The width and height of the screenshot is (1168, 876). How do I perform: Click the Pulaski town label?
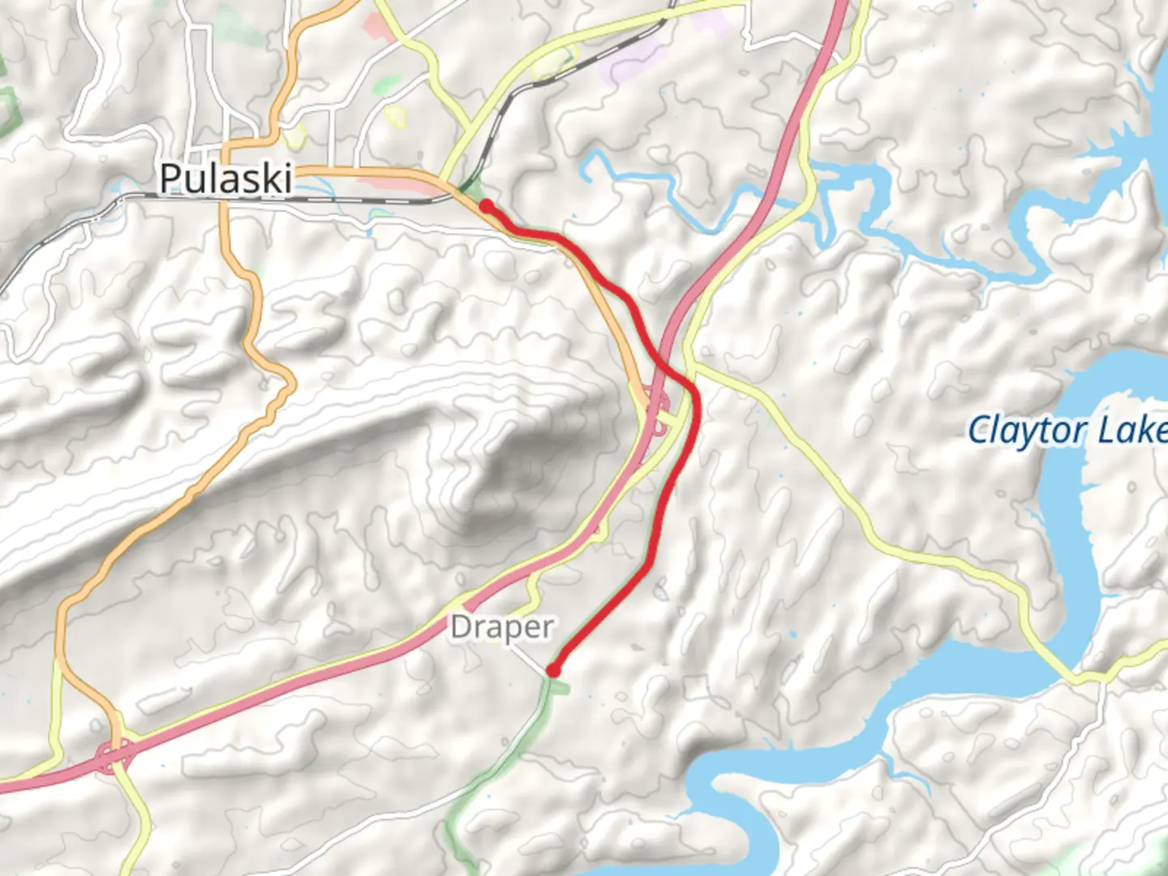pos(225,178)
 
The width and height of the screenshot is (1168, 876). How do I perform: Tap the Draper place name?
pos(502,628)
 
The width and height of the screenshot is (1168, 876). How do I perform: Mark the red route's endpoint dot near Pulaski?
pos(485,206)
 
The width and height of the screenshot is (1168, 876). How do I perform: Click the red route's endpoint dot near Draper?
pos(553,671)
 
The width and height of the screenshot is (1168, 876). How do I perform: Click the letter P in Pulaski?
pos(170,178)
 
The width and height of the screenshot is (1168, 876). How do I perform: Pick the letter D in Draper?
pos(460,628)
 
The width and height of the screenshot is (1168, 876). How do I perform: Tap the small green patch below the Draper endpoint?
pos(560,688)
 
